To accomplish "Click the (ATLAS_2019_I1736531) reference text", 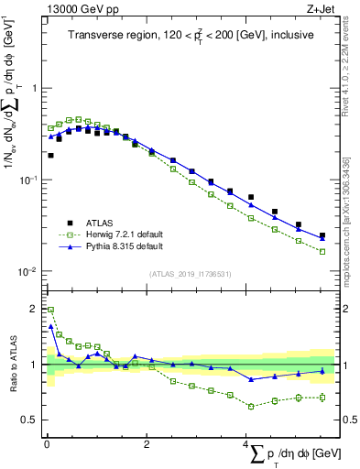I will [190, 274].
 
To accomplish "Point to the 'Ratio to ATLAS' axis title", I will [12, 365].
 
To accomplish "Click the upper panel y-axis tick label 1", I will [34, 89].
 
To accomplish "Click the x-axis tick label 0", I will [47, 444].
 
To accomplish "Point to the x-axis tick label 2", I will [147, 444].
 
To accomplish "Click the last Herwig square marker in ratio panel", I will [322, 397].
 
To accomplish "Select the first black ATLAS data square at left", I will [50, 156].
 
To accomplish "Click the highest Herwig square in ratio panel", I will [50, 310].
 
